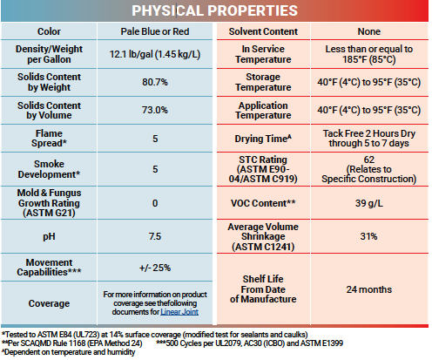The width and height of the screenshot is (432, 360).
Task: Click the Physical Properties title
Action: [x=214, y=10]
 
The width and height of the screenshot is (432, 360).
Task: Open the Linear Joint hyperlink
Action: [x=179, y=312]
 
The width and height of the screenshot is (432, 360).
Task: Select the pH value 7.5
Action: [x=155, y=236]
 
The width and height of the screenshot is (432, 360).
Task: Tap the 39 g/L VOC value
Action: [x=369, y=203]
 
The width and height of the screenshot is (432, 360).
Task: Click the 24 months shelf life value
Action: [x=369, y=289]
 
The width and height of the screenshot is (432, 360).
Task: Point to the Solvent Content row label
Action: [x=263, y=31]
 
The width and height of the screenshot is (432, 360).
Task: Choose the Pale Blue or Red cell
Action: [x=155, y=31]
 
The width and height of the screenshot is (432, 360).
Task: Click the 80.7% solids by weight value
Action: [x=155, y=82]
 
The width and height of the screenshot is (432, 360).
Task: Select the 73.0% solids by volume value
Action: [x=155, y=110]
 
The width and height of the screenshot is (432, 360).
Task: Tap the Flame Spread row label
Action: [x=49, y=139]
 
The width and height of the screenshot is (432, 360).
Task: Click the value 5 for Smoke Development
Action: [x=155, y=169]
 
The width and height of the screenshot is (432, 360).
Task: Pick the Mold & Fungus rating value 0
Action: [x=155, y=203]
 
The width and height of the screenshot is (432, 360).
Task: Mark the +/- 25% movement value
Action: [x=155, y=268]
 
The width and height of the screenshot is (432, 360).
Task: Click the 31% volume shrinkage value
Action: [x=369, y=236]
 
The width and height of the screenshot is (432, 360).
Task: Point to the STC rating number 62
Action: [x=369, y=160]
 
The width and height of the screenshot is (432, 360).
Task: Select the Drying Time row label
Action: [x=263, y=139]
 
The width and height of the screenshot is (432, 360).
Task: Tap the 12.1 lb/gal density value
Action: [x=155, y=54]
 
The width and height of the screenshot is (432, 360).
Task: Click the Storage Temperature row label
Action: [x=263, y=82]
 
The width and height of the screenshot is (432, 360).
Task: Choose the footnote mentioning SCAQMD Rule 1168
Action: [x=72, y=343]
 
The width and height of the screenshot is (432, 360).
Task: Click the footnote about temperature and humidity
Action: [x=69, y=352]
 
